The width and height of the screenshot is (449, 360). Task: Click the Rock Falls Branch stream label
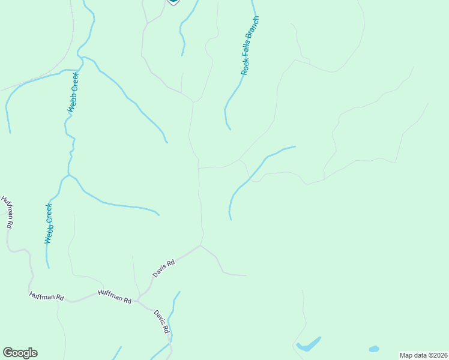pos(250,46)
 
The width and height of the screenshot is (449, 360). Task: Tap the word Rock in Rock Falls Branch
pos(245,67)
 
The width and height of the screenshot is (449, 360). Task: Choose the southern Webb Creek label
pos(49,223)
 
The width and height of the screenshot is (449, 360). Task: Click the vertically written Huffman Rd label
pos(8,212)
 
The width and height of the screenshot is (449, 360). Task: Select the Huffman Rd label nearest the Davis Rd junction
pos(115,296)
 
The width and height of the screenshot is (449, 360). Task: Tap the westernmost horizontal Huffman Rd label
pos(46,296)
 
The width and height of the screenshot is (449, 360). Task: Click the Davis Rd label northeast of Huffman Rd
pos(163,268)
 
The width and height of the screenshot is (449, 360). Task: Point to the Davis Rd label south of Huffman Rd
pos(161,322)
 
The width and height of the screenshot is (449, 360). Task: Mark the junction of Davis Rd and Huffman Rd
pos(137,300)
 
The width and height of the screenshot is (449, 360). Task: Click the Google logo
pos(20,353)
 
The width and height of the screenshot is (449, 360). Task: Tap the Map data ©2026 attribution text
pos(424,355)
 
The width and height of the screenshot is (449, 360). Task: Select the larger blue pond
pos(309,345)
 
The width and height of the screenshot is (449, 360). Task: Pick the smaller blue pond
pos(374,349)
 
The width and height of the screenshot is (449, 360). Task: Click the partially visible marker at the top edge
pos(173,2)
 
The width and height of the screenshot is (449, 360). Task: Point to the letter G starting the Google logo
pos(8,353)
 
